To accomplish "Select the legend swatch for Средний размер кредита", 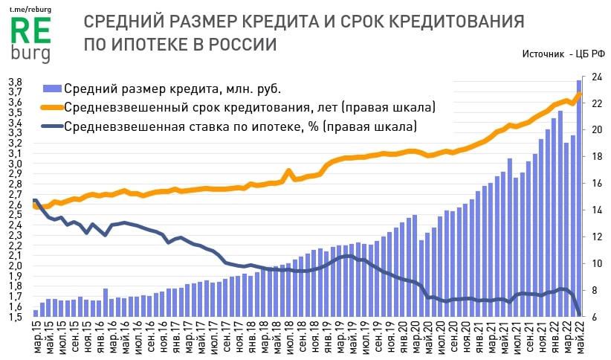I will click(53, 89).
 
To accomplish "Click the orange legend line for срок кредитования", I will click(53, 107).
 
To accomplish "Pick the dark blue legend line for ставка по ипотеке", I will click(53, 126).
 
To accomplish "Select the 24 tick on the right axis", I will click(596, 77).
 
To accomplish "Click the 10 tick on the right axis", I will click(596, 263).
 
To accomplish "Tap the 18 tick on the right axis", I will click(596, 157).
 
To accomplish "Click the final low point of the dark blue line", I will click(580, 315).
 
